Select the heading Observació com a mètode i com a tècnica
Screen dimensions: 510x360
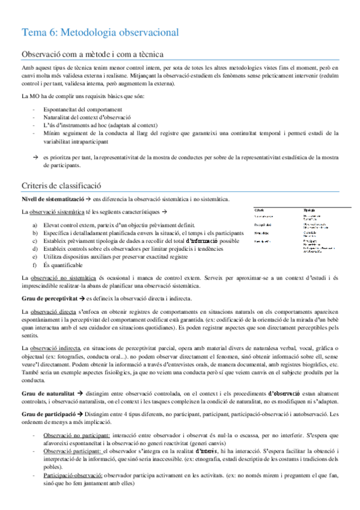coord(93,54)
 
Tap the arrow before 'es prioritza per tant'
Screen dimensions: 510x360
coord(35,156)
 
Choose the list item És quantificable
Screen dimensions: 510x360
coord(63,265)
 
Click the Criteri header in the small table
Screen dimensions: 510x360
coord(259,209)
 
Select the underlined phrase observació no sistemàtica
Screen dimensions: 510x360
coord(62,278)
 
